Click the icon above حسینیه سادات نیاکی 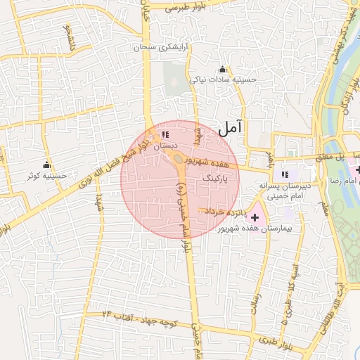pyautogui.click(x=223, y=69)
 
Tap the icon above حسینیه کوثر pyautogui.click(x=46, y=165)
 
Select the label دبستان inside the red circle pyautogui.click(x=164, y=145)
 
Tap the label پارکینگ pyautogui.click(x=216, y=179)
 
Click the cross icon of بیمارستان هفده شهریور pyautogui.click(x=254, y=218)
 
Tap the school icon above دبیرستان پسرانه pyautogui.click(x=285, y=174)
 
